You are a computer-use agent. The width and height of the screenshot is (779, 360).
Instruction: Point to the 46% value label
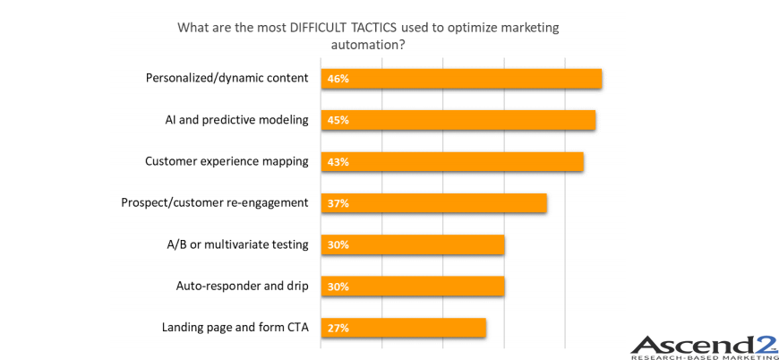(x=338, y=79)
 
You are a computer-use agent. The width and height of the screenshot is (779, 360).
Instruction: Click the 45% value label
(x=338, y=120)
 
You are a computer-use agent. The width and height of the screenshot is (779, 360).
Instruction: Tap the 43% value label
(x=338, y=162)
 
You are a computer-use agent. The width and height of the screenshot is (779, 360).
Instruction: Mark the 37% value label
(x=338, y=203)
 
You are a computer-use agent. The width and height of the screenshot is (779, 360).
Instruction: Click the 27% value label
(x=338, y=328)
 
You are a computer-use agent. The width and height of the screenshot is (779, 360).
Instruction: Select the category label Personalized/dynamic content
(x=227, y=78)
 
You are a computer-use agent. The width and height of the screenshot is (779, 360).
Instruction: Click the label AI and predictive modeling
(x=236, y=119)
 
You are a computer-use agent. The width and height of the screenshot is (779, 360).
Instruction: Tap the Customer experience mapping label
(x=227, y=161)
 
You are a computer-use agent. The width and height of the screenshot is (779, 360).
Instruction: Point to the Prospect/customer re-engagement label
(x=215, y=202)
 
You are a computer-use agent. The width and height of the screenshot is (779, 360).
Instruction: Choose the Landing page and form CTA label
(x=235, y=327)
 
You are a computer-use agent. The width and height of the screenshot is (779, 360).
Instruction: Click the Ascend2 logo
(x=704, y=344)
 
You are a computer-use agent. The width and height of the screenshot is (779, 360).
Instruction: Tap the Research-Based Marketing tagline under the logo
(x=704, y=356)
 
